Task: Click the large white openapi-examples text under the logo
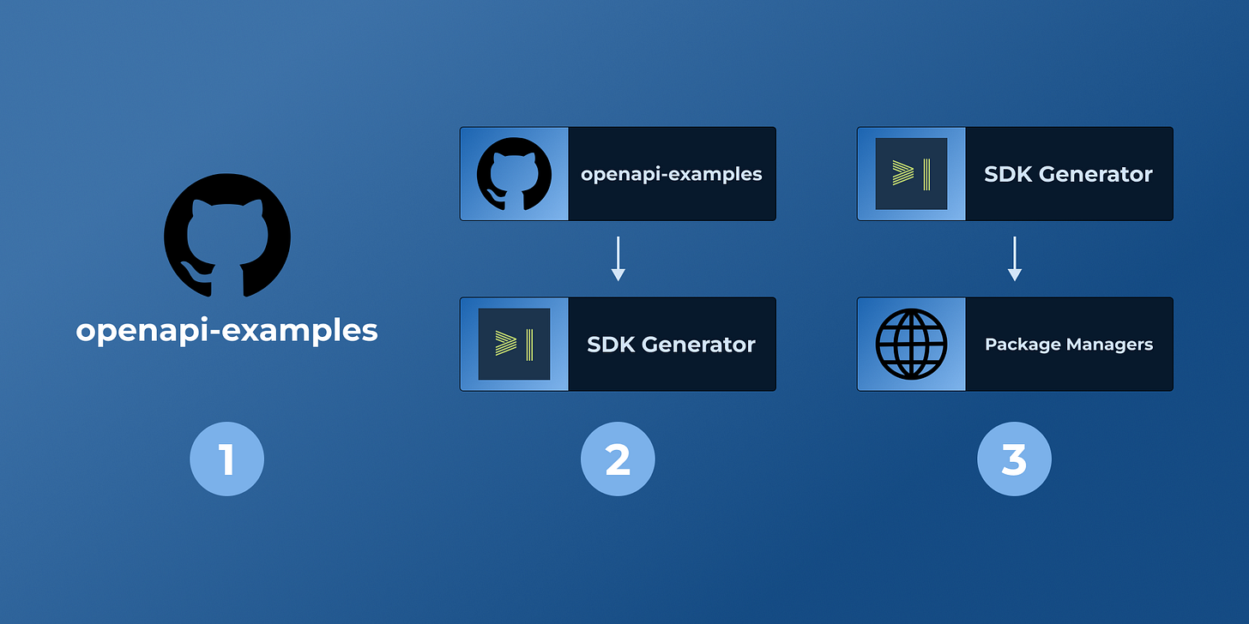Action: click(227, 331)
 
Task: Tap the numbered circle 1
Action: click(227, 459)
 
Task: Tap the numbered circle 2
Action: click(618, 459)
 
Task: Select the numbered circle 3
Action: click(1014, 459)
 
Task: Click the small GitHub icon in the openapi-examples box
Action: click(513, 175)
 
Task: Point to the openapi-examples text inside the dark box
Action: click(671, 175)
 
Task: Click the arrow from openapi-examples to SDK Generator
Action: click(618, 259)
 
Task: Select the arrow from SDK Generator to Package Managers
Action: click(1014, 259)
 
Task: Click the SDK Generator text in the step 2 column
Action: click(671, 345)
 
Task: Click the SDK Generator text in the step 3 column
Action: click(1068, 175)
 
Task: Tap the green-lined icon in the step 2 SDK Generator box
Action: click(513, 345)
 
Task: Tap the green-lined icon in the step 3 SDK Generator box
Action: click(910, 175)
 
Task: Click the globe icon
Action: click(911, 345)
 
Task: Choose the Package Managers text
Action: click(1068, 345)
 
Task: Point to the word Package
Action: click(1020, 345)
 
